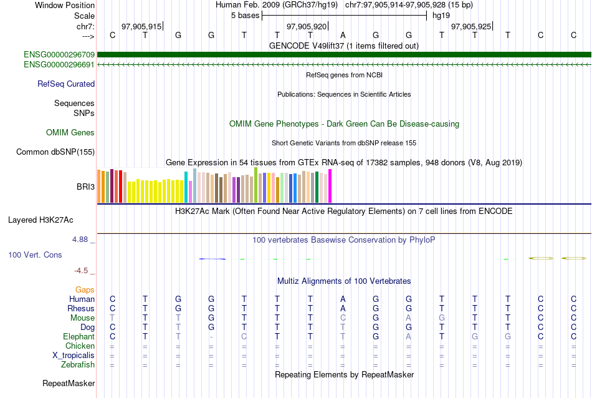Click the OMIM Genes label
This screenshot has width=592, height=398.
click(70, 132)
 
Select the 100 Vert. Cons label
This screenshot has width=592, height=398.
click(35, 255)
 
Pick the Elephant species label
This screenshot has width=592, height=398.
click(78, 336)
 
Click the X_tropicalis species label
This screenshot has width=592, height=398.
click(74, 355)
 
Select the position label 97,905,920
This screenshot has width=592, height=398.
click(306, 26)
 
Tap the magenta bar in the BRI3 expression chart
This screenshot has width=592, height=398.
click(330, 186)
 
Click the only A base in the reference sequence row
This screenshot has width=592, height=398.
click(343, 35)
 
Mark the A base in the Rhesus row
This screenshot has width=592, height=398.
click(343, 308)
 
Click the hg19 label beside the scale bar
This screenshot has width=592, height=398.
click(441, 15)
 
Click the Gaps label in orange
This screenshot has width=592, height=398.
click(85, 290)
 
